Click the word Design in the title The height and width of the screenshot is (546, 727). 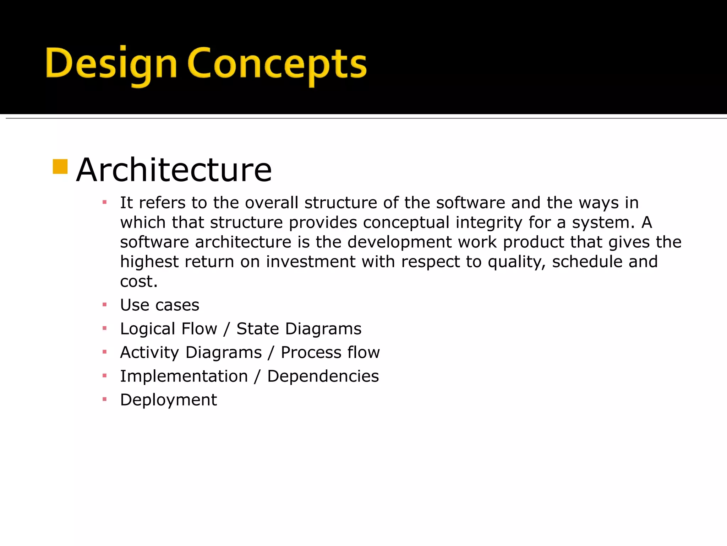pyautogui.click(x=111, y=64)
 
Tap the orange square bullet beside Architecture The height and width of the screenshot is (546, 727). pyautogui.click(x=60, y=167)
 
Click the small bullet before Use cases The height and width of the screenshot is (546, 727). pyautogui.click(x=104, y=305)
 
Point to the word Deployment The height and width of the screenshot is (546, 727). pyautogui.click(x=168, y=400)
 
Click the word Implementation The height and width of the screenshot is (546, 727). pyautogui.click(x=184, y=376)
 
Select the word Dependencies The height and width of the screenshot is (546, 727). pyautogui.click(x=323, y=376)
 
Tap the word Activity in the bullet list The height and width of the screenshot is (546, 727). pyautogui.click(x=149, y=353)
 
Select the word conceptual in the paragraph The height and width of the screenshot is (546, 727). pyautogui.click(x=406, y=223)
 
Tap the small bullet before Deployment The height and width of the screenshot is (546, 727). pyautogui.click(x=104, y=400)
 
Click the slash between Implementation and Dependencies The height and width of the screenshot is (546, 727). pyautogui.click(x=257, y=376)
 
